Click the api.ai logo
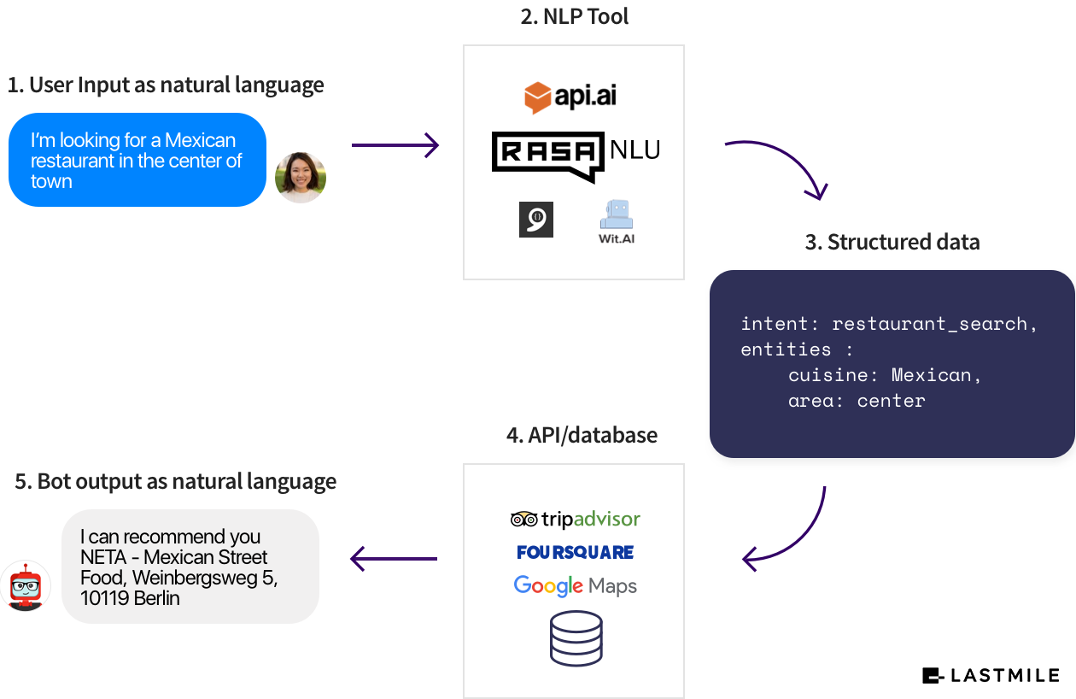click(570, 97)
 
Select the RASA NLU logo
click(576, 155)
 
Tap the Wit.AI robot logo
click(616, 221)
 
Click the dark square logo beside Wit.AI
click(536, 220)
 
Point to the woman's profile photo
click(301, 177)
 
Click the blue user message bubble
click(137, 161)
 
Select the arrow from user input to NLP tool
click(395, 145)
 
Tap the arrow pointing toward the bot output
click(394, 560)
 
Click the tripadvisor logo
click(575, 519)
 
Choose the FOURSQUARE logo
click(575, 553)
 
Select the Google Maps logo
click(575, 586)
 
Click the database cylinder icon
click(576, 638)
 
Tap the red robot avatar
click(25, 586)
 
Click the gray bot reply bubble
click(190, 567)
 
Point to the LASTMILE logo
click(991, 676)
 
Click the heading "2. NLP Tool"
click(574, 16)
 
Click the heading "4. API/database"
click(582, 435)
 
